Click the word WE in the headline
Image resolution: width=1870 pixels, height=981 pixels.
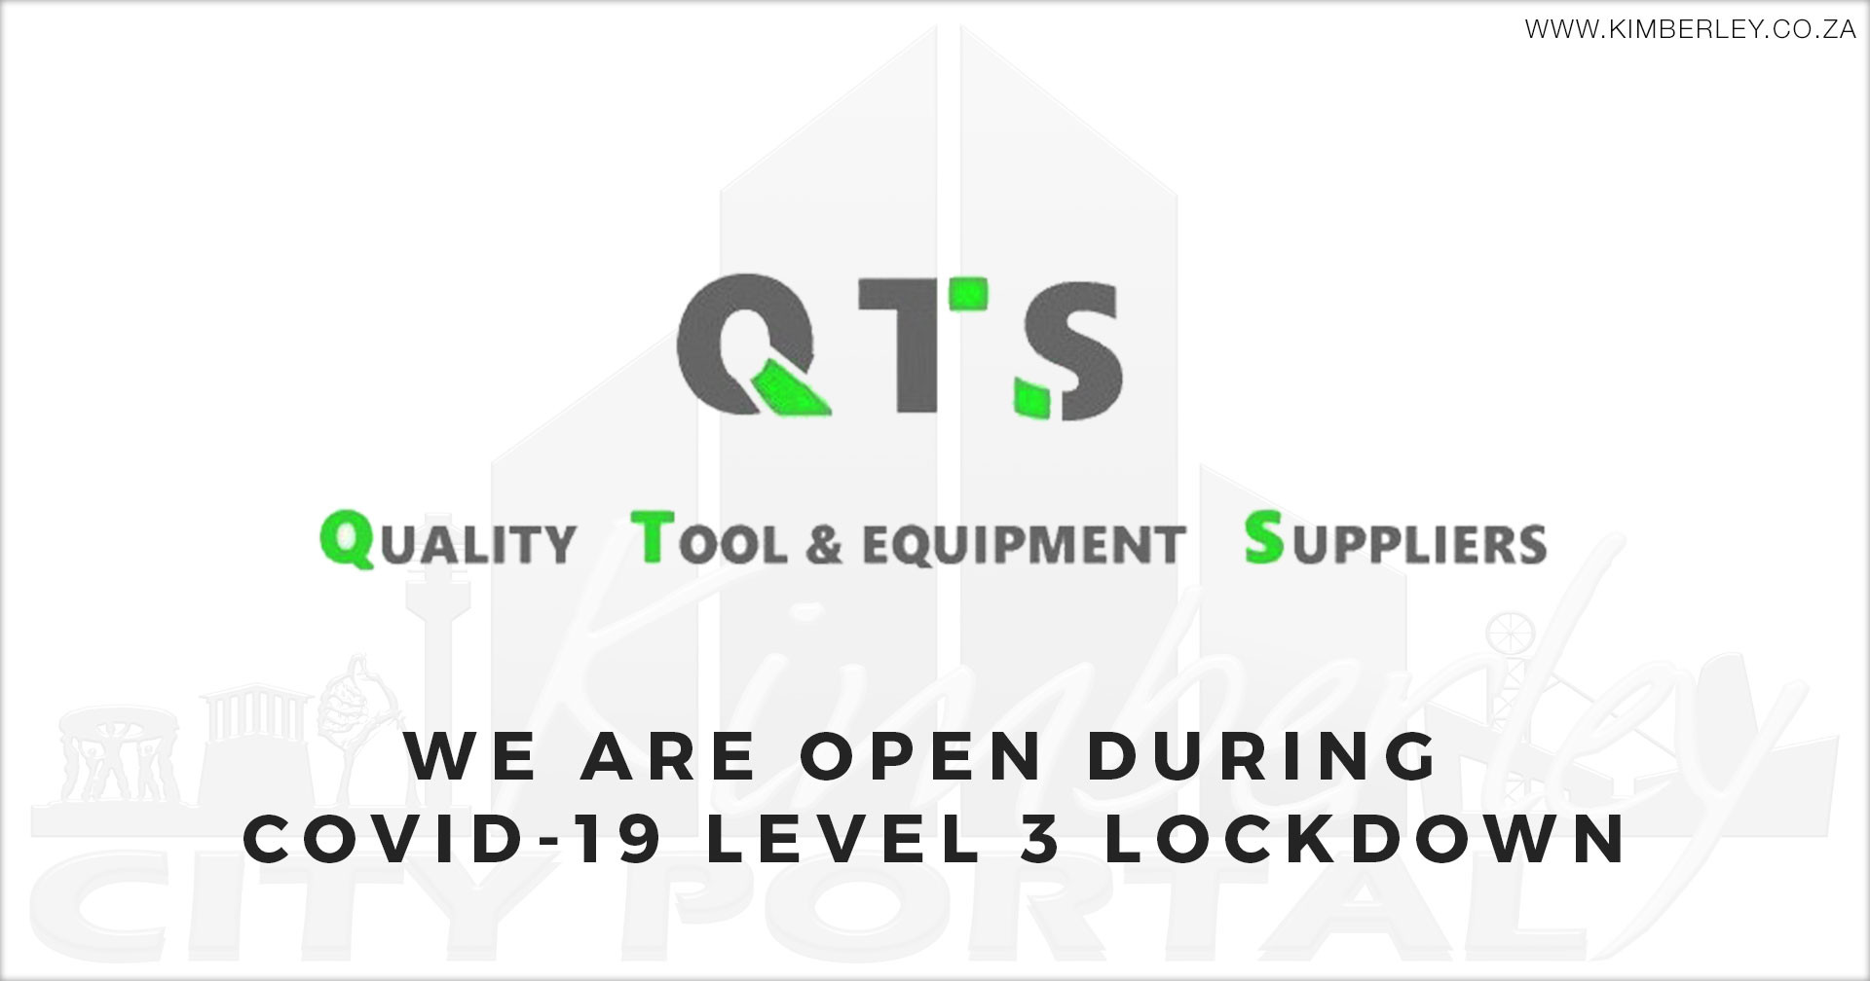point(472,757)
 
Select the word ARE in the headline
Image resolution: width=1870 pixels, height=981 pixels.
point(671,757)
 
